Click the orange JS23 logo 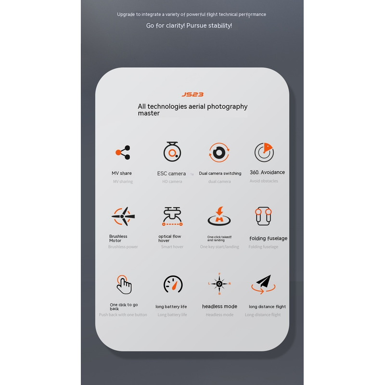(192, 94)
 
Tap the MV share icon (123, 153)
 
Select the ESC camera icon (172, 152)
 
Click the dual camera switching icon (219, 153)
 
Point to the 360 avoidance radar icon (264, 152)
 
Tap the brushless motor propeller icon (123, 216)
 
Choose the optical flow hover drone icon (172, 216)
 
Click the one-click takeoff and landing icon (219, 216)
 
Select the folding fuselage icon (263, 216)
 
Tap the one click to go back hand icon (124, 284)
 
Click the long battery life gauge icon (173, 284)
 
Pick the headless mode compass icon (219, 283)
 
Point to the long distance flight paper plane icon (263, 284)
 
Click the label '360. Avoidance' (267, 172)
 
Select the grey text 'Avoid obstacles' (264, 181)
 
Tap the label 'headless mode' (219, 307)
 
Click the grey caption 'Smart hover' (172, 247)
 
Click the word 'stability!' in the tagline (220, 26)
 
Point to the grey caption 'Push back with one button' (123, 315)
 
